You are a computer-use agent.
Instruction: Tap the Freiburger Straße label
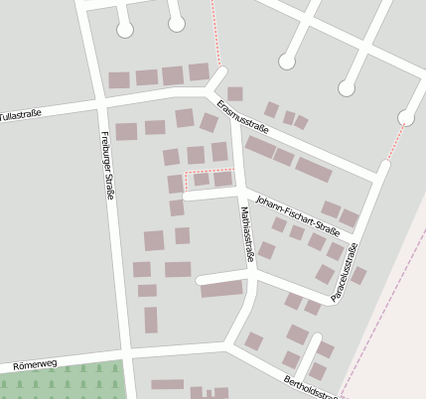tap(106, 166)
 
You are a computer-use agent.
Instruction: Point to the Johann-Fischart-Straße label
tap(297, 214)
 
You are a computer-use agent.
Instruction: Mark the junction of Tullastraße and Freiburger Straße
tap(99, 101)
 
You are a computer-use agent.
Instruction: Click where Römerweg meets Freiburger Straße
tap(127, 352)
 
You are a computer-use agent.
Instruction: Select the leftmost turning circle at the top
tap(125, 30)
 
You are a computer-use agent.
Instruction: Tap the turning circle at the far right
tap(406, 118)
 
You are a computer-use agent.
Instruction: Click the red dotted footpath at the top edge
tap(213, 30)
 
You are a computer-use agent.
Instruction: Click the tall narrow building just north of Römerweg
tap(151, 320)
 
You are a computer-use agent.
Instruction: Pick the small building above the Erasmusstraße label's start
tap(235, 93)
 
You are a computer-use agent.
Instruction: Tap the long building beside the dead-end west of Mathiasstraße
tap(221, 289)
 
